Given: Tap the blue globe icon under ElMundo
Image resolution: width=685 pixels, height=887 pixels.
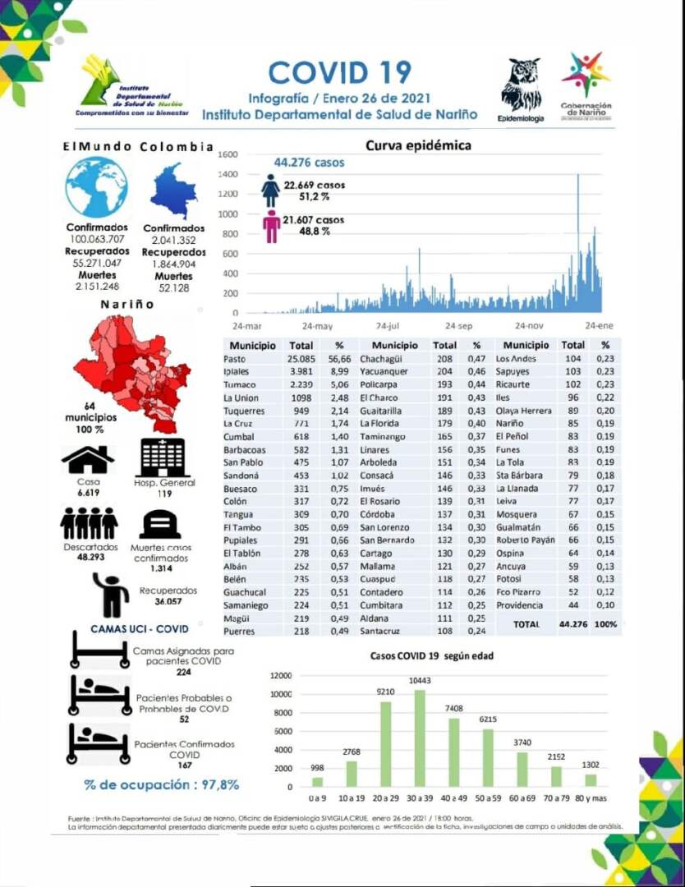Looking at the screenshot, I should (x=97, y=187).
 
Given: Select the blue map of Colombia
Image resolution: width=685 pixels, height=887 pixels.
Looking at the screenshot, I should (x=174, y=191).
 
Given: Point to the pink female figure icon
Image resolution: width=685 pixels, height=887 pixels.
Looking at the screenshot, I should (x=271, y=227).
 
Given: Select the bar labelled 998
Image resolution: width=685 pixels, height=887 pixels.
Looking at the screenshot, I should (x=317, y=781).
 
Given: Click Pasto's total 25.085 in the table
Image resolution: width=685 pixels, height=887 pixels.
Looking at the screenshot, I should (x=301, y=359).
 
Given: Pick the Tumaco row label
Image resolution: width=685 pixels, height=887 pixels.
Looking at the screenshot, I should (x=240, y=384).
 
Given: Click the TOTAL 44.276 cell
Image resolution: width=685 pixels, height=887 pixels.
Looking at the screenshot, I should (x=575, y=624).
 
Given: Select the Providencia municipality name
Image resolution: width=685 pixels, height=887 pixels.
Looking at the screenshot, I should (x=519, y=605).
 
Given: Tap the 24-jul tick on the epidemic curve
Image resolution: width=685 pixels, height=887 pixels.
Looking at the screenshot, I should (x=387, y=326).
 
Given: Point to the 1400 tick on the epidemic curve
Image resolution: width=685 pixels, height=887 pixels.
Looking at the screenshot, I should (x=228, y=175).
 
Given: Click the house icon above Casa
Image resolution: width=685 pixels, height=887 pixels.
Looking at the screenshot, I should (x=87, y=459).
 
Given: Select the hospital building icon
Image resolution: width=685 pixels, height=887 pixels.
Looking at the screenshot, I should (x=163, y=457).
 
